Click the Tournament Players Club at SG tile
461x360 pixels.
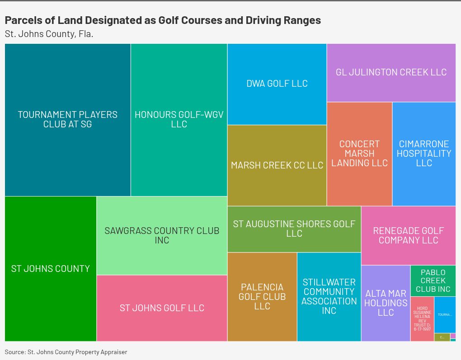pyautogui.click(x=68, y=120)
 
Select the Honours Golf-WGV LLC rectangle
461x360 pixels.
pyautogui.click(x=179, y=120)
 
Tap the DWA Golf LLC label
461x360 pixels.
pyautogui.click(x=277, y=84)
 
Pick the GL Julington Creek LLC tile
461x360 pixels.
pyautogui.click(x=391, y=72)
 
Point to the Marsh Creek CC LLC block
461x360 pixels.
pyautogui.click(x=277, y=165)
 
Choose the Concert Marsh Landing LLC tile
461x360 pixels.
pyautogui.click(x=359, y=154)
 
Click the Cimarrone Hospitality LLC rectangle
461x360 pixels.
pyautogui.click(x=424, y=154)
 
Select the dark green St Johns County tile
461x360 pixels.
pyautogui.click(x=51, y=269)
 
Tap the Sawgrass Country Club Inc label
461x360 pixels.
pyautogui.click(x=162, y=235)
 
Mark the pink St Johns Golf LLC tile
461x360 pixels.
pyautogui.click(x=162, y=308)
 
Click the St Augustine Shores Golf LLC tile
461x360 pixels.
pyautogui.click(x=294, y=229)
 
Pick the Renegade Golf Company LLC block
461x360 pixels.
pyautogui.click(x=408, y=235)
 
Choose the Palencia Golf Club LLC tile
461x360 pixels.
pyautogui.click(x=262, y=297)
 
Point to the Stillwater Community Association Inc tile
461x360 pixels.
pyautogui.click(x=329, y=297)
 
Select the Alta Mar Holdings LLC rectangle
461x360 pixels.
pyautogui.click(x=386, y=303)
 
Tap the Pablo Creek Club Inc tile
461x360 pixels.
pyautogui.click(x=433, y=281)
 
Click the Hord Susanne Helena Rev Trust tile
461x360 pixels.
pyautogui.click(x=422, y=319)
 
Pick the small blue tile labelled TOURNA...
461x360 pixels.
pyautogui.click(x=445, y=315)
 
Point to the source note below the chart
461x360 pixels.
pyautogui.click(x=66, y=352)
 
